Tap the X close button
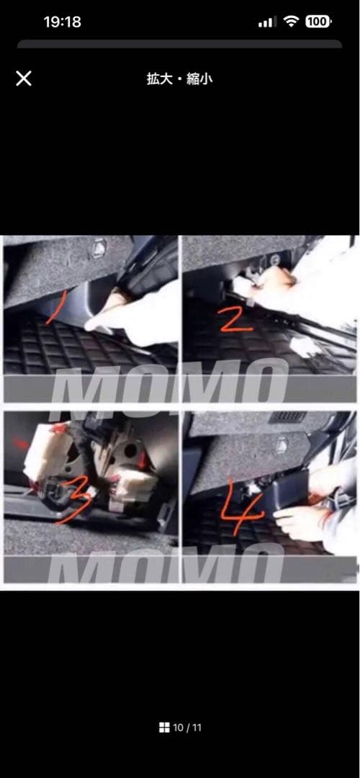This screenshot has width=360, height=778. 24,79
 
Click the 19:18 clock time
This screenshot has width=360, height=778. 63,22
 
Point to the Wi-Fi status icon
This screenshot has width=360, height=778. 291,22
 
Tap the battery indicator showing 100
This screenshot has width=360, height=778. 318,22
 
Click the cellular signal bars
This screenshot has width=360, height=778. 267,22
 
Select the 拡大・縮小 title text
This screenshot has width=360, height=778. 179,79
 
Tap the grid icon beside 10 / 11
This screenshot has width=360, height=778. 164,728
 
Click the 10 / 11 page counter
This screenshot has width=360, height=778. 187,728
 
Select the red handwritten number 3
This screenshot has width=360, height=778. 73,500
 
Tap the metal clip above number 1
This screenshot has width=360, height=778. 97,247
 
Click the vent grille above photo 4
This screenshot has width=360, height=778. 287,416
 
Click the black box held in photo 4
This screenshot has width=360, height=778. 284,491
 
